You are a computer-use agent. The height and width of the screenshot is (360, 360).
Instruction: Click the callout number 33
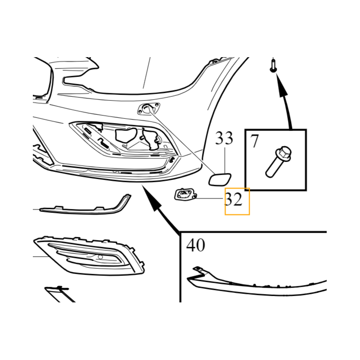pyautogui.click(x=224, y=138)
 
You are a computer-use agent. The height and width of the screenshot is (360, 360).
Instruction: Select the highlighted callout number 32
pyautogui.click(x=234, y=199)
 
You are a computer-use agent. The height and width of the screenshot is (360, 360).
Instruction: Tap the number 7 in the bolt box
pyautogui.click(x=254, y=141)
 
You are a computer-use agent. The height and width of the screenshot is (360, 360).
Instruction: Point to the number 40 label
pyautogui.click(x=195, y=245)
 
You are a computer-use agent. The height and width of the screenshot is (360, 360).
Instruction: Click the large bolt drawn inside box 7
pyautogui.click(x=278, y=162)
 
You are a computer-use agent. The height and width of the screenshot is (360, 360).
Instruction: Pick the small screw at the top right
pyautogui.click(x=273, y=66)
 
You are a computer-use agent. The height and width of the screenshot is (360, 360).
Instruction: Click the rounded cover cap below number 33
pyautogui.click(x=220, y=180)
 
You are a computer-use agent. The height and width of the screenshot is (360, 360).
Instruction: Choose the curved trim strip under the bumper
pyautogui.click(x=85, y=206)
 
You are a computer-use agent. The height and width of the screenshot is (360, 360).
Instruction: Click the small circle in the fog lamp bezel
pyautogui.click(x=100, y=257)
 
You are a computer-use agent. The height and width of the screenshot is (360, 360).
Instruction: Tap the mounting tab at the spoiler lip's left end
pyautogui.click(x=199, y=270)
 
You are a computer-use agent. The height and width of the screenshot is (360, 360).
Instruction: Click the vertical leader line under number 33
pyautogui.click(x=225, y=161)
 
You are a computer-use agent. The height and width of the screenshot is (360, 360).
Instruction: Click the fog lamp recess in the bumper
pyautogui.click(x=124, y=139)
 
